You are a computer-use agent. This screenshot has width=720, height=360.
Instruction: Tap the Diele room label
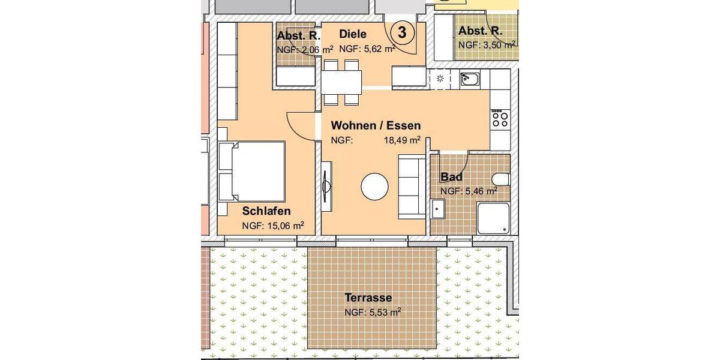pos(352,34)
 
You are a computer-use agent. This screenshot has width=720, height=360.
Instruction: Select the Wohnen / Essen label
pos(376,126)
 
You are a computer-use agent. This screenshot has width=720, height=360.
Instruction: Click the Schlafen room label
pos(266,211)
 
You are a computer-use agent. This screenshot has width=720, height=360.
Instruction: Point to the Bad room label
pos(451,178)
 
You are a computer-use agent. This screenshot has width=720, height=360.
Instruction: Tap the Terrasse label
pos(368,298)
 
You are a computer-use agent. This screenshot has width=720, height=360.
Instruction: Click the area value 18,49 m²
pos(402,141)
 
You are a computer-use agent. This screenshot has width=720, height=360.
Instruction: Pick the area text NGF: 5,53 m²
pos(372,312)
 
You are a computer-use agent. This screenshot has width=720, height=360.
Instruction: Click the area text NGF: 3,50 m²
pos(487,44)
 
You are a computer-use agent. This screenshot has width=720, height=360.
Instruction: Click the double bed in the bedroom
pos(252,172)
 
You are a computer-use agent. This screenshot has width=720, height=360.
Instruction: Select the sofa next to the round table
pos(411,186)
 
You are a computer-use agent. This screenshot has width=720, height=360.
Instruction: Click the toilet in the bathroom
pos(500,179)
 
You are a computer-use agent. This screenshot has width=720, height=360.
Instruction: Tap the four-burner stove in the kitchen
pos(499,119)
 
